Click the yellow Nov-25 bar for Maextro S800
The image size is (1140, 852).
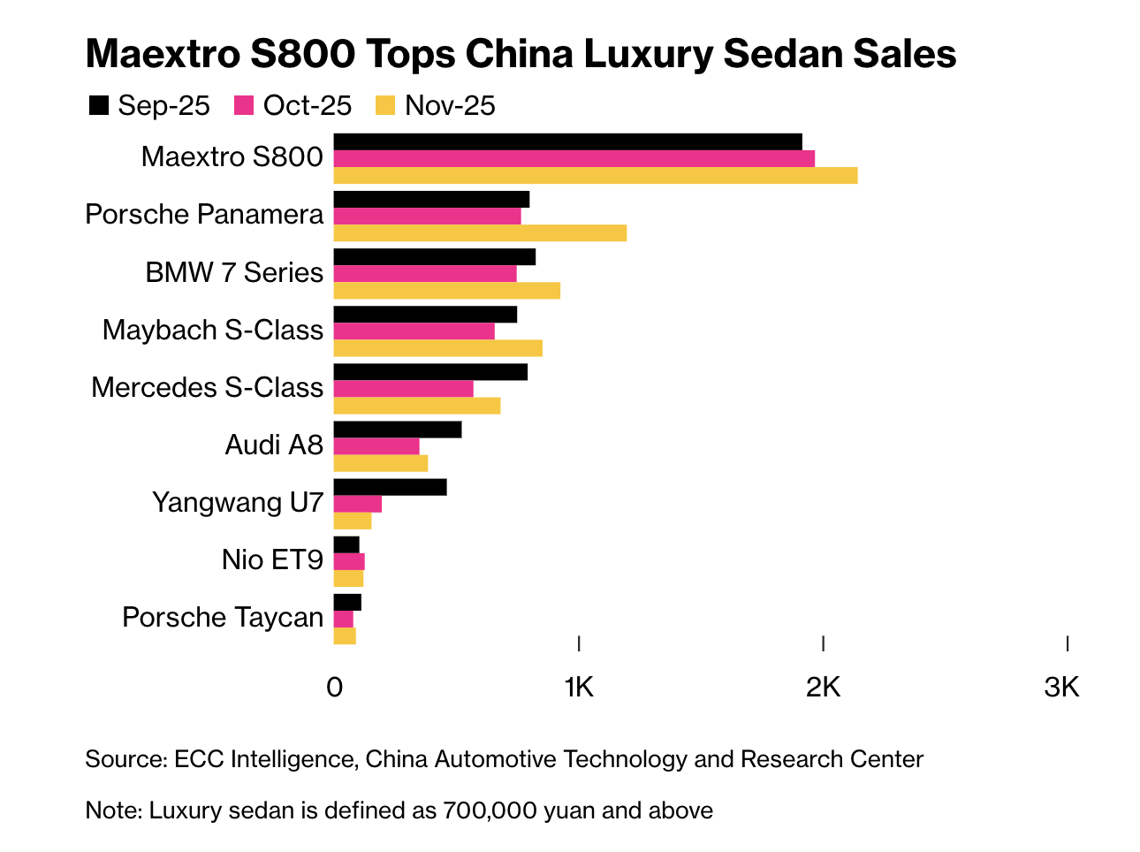click(595, 176)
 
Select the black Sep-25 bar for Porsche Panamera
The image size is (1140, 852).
click(431, 199)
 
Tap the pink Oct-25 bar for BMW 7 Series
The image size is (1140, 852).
click(425, 273)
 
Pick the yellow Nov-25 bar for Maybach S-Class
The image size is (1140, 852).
click(437, 348)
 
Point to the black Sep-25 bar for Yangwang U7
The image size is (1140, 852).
click(390, 487)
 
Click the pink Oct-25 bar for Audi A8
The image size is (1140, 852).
click(376, 446)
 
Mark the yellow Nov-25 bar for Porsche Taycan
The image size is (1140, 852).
click(345, 636)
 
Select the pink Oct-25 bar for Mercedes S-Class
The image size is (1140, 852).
click(403, 389)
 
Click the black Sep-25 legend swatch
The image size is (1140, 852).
click(98, 106)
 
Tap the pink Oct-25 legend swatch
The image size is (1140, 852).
click(244, 106)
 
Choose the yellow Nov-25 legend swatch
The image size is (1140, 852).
click(385, 106)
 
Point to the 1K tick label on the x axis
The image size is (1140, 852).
click(579, 687)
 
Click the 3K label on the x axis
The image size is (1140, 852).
click(1061, 687)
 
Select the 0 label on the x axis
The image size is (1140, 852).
click(334, 687)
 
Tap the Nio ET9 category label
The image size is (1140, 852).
click(272, 559)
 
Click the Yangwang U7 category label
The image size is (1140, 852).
click(238, 502)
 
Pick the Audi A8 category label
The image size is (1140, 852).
click(274, 445)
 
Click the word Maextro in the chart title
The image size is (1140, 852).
click(162, 54)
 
